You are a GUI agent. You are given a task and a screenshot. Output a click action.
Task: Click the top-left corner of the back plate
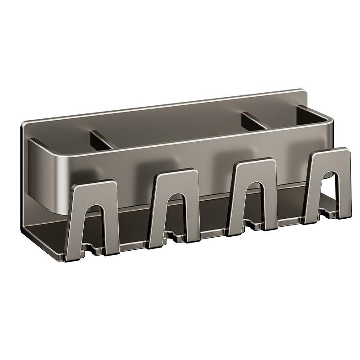coord(23,122)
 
